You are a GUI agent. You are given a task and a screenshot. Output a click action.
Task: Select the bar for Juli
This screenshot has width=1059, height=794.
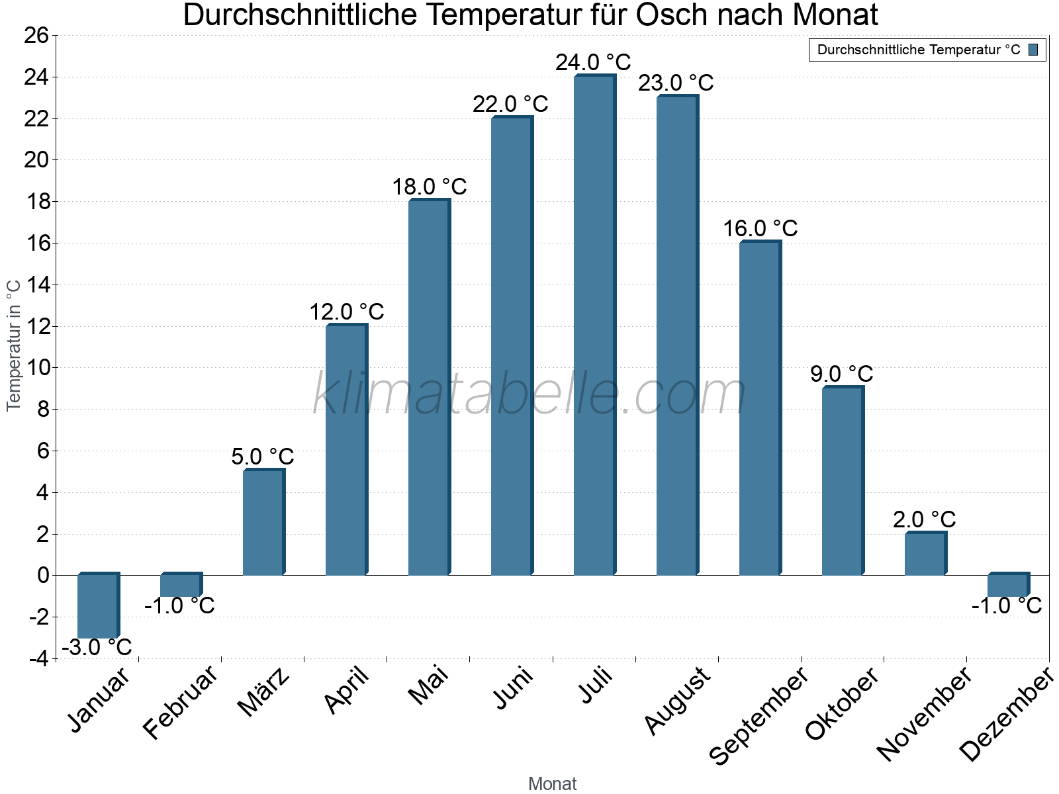click(x=594, y=324)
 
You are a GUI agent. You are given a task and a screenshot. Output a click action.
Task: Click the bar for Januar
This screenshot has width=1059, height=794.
click(x=98, y=605)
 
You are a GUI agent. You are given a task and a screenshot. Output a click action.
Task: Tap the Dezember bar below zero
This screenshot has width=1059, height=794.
click(x=1008, y=585)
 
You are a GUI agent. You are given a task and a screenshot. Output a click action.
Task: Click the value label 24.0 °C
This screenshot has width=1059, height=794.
click(x=593, y=63)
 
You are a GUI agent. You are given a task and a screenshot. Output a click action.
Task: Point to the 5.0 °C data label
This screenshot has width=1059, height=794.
click(x=263, y=457)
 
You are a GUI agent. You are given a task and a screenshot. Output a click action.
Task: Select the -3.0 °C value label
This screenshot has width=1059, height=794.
click(x=97, y=647)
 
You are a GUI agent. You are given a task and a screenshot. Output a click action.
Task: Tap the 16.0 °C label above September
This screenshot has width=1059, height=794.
click(x=760, y=228)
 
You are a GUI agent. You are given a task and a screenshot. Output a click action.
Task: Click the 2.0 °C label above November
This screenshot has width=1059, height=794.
click(x=925, y=519)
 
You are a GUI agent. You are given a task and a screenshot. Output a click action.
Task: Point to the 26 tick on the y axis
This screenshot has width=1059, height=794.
click(x=36, y=36)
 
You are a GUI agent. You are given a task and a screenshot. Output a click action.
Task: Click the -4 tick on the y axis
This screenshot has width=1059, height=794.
click(x=38, y=658)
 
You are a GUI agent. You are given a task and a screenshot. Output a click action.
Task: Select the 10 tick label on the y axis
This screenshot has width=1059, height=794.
click(x=36, y=368)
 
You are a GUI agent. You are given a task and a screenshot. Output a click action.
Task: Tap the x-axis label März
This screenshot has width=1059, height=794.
click(x=264, y=692)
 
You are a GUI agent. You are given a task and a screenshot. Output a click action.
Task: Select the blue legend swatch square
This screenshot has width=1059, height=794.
click(x=1033, y=50)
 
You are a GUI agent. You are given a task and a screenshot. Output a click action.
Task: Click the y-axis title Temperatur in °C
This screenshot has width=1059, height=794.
click(x=14, y=345)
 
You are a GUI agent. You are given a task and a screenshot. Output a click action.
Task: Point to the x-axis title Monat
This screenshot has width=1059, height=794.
click(x=552, y=784)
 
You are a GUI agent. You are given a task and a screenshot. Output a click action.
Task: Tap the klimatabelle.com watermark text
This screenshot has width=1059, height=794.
click(x=529, y=394)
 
